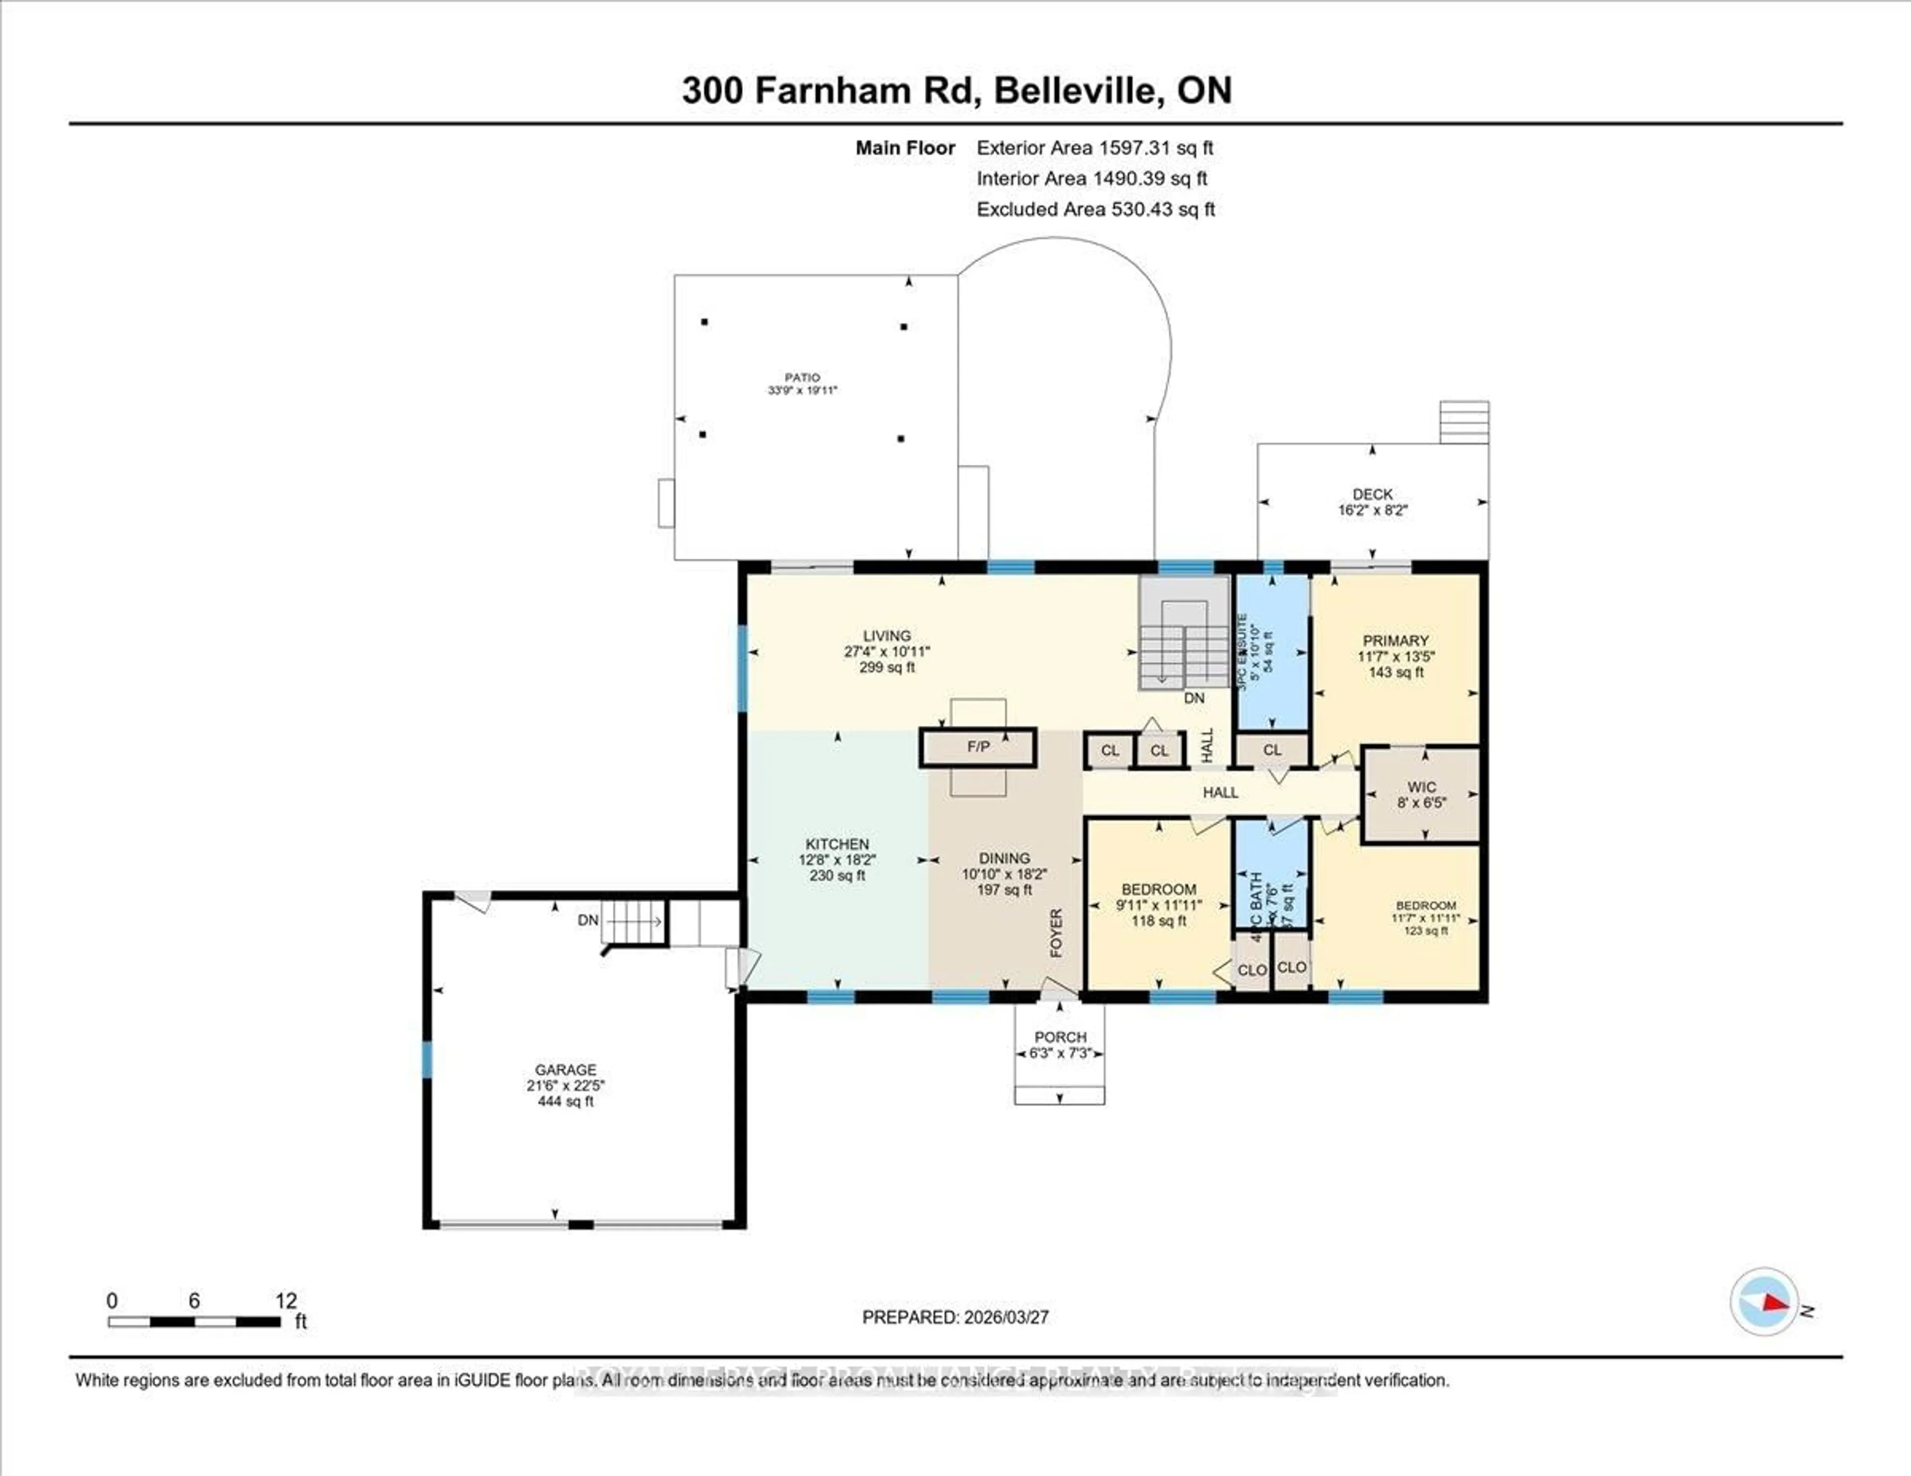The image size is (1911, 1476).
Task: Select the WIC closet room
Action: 1421,794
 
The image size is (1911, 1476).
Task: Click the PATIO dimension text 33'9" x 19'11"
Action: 802,390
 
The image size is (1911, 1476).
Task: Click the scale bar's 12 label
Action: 286,1301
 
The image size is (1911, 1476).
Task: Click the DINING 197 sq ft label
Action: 1004,890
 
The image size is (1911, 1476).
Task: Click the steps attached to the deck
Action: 1464,422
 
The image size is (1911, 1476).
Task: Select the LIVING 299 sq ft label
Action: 886,667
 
